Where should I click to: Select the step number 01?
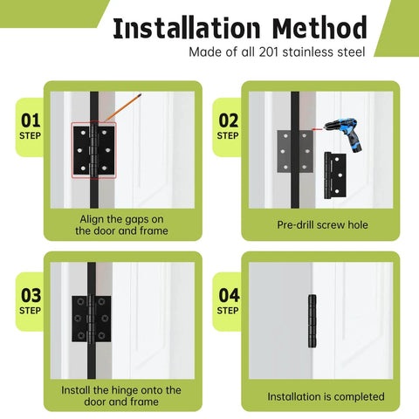click(30, 120)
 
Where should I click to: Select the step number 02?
click(228, 120)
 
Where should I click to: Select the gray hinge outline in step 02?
click(295, 149)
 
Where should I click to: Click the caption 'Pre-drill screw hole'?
click(322, 224)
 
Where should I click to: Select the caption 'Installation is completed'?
click(325, 396)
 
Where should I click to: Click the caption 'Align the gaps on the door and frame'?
click(121, 224)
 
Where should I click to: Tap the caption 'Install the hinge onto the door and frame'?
click(121, 395)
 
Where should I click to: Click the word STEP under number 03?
click(30, 310)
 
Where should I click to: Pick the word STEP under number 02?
click(228, 135)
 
